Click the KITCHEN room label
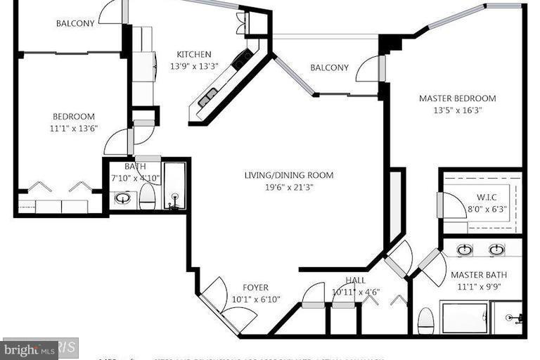click(193, 55)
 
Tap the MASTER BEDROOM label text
click(457, 98)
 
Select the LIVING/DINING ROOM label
click(288, 175)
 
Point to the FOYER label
click(255, 288)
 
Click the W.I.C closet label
click(487, 197)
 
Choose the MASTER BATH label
click(478, 275)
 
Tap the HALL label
click(356, 281)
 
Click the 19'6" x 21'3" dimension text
click(288, 186)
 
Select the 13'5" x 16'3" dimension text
click(457, 110)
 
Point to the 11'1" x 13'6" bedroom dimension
click(73, 128)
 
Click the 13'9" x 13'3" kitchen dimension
click(193, 66)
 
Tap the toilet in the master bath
click(425, 323)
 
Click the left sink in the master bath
click(465, 250)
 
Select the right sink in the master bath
click(496, 250)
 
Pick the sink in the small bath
click(122, 198)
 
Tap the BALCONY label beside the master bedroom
click(329, 68)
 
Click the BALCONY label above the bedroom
click(75, 23)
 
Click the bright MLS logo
click(30, 349)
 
